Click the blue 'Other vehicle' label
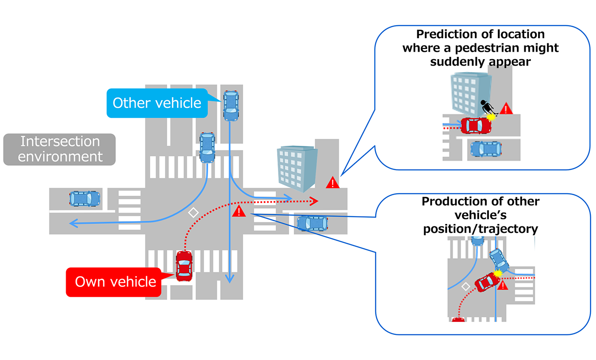pos(157,103)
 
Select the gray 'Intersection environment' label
pos(60,149)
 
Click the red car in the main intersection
pos(184,265)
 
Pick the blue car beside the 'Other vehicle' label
pos(230,105)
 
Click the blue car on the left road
pos(84,198)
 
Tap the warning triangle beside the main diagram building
pos(332,183)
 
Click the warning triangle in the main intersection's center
pos(239,211)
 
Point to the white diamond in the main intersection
pos(193,212)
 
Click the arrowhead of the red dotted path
pos(315,201)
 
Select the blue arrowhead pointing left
pos(73,224)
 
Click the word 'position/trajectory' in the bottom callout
pos(480,229)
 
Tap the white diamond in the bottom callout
pos(465,287)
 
